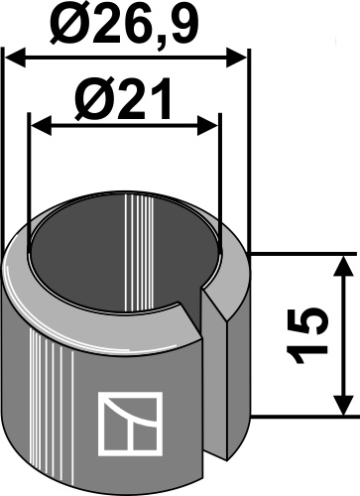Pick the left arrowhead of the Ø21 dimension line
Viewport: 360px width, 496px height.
pos(39,126)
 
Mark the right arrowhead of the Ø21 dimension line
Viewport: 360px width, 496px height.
pos(209,126)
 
